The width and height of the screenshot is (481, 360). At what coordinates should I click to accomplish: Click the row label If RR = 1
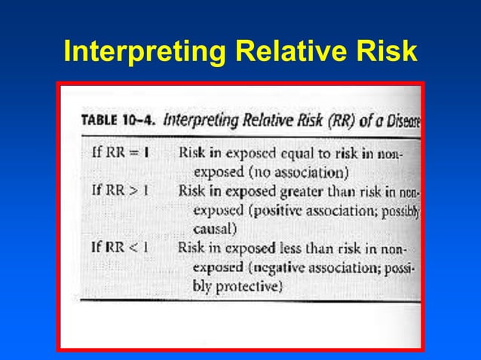pos(119,151)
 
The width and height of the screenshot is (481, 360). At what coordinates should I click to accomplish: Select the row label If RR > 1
pos(119,191)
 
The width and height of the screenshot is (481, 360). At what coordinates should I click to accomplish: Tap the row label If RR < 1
pos(119,246)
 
